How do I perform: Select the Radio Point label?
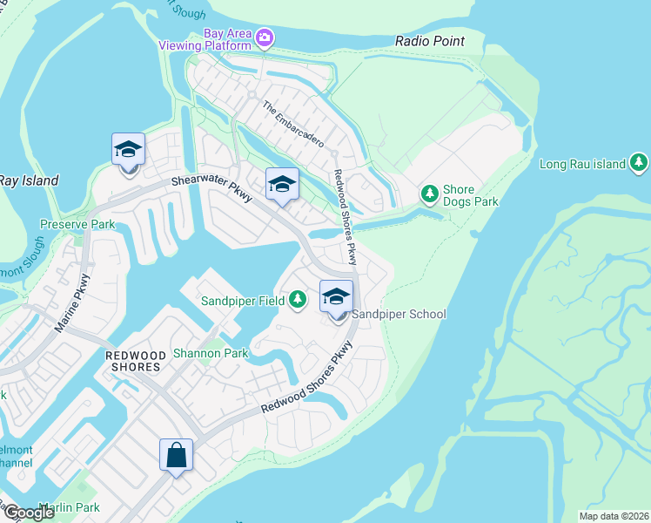pos(429,41)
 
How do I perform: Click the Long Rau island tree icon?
pos(640,163)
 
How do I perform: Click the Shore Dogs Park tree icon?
pos(429,194)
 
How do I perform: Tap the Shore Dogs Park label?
pos(471,195)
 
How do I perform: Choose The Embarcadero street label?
pos(293,125)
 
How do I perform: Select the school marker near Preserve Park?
pos(128,150)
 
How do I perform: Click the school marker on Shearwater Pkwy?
pos(282,184)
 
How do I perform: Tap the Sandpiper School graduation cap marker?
pos(336,296)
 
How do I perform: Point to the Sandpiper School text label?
pos(399,315)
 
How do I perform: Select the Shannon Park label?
pos(211,353)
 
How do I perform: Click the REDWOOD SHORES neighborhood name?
pos(132,361)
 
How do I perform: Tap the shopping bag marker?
pos(176,454)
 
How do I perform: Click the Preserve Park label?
pos(77,224)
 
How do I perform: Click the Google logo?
pos(28,513)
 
